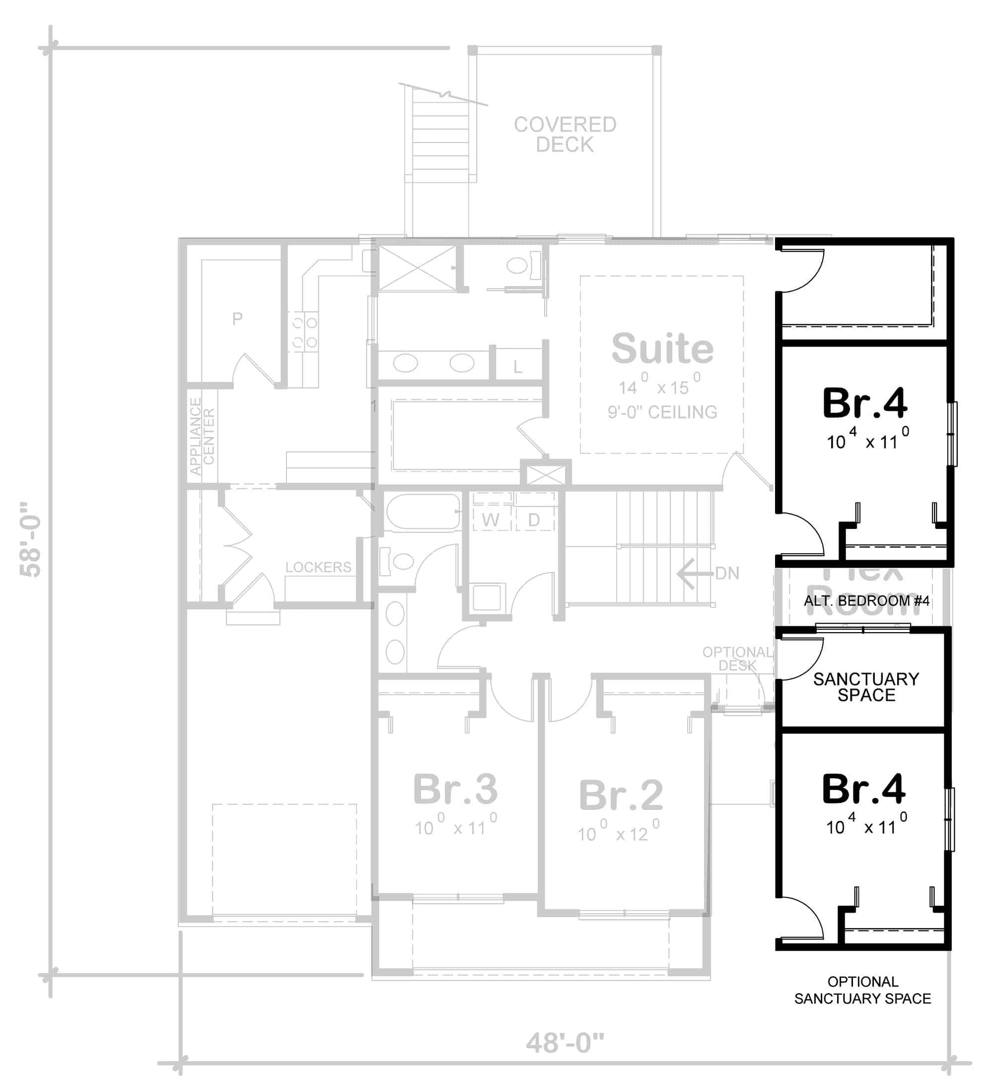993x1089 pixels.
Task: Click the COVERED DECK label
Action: click(565, 135)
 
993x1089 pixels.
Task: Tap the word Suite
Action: click(662, 349)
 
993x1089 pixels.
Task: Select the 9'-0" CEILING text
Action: click(662, 413)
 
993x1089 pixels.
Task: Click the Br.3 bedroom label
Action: click(455, 789)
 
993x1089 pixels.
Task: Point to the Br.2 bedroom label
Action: click(621, 795)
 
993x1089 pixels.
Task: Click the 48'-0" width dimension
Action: click(565, 1043)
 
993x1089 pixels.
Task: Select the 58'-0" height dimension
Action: click(31, 540)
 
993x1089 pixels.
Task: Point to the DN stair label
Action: click(727, 574)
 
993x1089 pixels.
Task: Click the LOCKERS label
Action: click(318, 567)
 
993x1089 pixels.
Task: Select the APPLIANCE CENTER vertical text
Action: click(202, 436)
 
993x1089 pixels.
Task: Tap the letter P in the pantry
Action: click(237, 319)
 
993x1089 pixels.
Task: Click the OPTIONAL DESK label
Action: click(738, 658)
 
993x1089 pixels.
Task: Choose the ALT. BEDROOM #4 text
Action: click(866, 601)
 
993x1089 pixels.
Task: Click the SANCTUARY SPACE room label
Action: click(865, 687)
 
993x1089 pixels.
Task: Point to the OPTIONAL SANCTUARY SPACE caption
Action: click(862, 990)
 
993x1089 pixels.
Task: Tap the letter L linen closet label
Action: click(518, 368)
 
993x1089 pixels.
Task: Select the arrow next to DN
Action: click(694, 574)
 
